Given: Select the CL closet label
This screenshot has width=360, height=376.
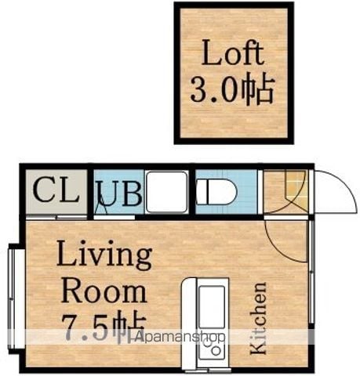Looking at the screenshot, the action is click(56, 190).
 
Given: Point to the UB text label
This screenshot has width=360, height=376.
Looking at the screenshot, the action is click(120, 193).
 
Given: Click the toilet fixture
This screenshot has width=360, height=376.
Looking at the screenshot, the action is click(216, 192).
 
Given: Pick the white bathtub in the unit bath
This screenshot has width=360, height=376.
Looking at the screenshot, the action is click(167, 192).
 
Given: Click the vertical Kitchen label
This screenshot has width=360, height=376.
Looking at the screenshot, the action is click(258, 318).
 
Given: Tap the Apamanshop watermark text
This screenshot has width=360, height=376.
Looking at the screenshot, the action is click(180, 337).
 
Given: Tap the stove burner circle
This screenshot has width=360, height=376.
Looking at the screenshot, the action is click(216, 351).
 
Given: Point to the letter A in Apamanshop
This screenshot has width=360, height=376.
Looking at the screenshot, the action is click(139, 336).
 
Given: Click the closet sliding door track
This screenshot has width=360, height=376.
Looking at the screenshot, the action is click(56, 217).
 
